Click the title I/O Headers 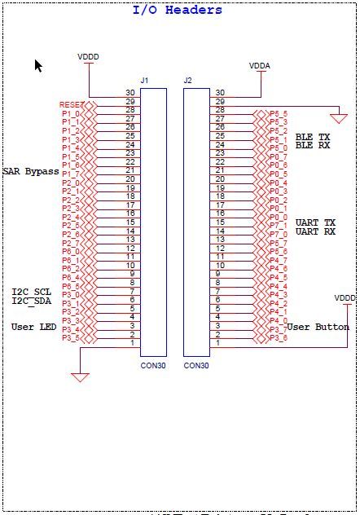tap(177, 10)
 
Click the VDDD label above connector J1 tap(88, 57)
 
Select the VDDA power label tap(260, 65)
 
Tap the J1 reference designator tap(145, 81)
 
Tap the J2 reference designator tap(188, 81)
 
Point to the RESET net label tap(71, 105)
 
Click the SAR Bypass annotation tap(30, 171)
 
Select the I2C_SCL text tap(32, 292)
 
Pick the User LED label tap(33, 326)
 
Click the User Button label tap(318, 327)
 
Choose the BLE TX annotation tap(313, 137)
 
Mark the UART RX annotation tap(315, 231)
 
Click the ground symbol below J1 tap(80, 376)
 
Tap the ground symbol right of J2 tap(339, 118)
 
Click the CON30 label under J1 tap(153, 366)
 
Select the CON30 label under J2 tap(196, 366)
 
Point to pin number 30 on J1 tap(130, 93)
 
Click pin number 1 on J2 tap(217, 343)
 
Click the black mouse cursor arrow tap(38, 65)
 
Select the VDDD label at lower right tap(345, 298)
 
